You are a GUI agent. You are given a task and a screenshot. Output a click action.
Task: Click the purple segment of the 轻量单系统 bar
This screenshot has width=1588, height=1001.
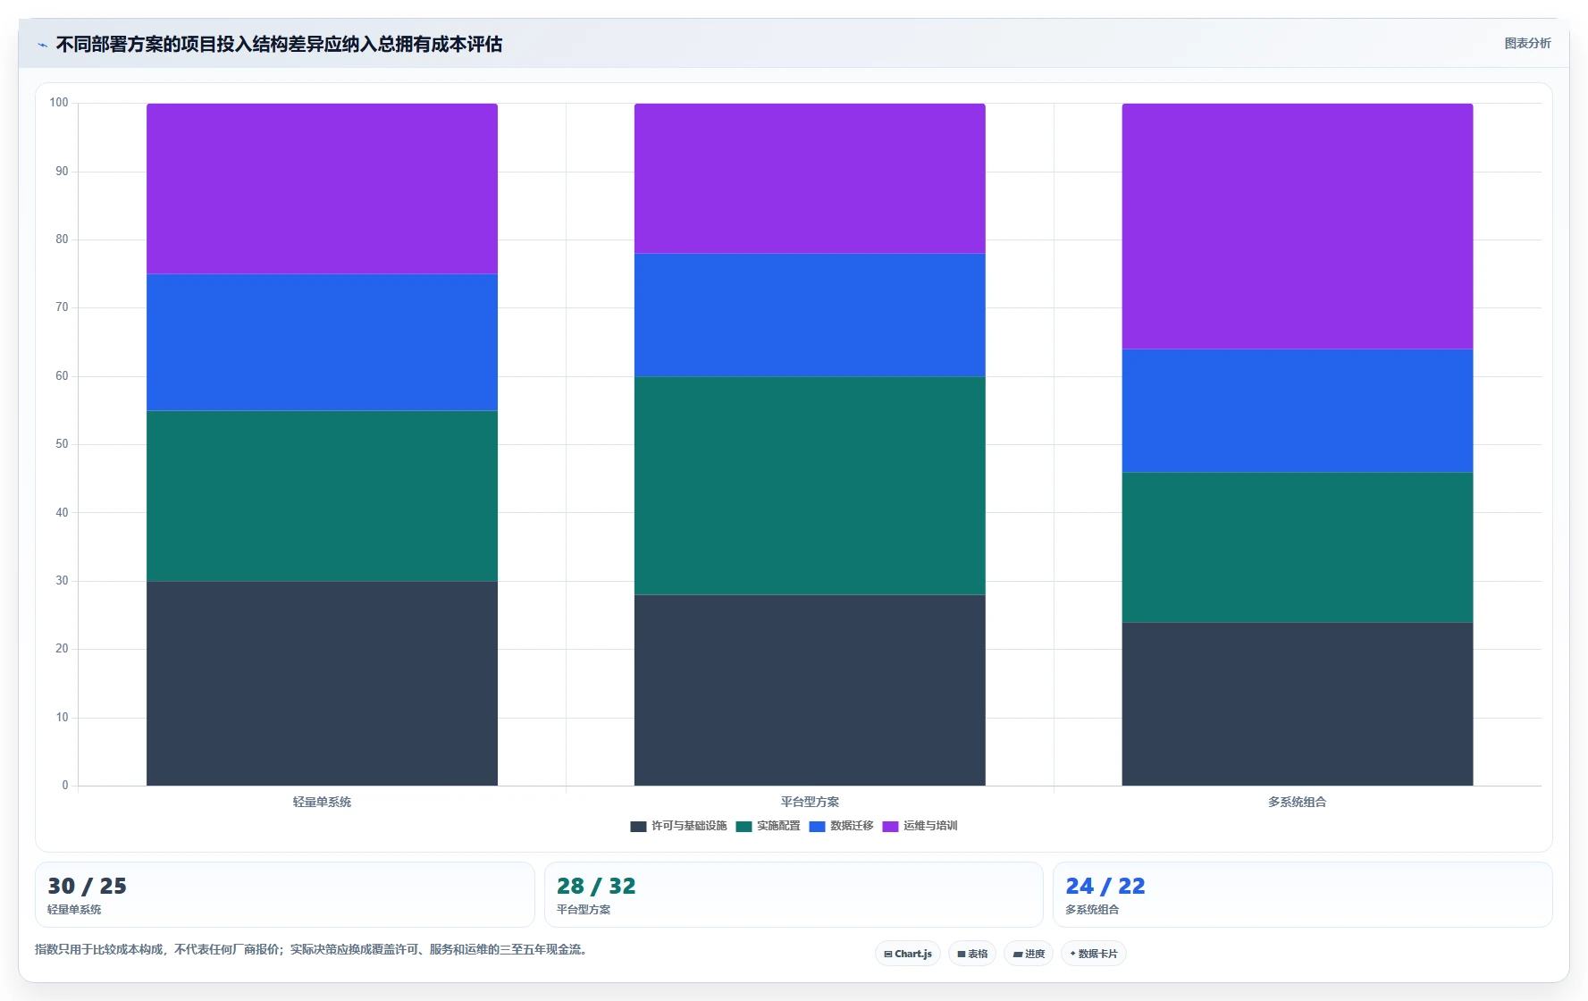pyautogui.click(x=322, y=189)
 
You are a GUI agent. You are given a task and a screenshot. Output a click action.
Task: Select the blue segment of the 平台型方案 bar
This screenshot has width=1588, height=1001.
pyautogui.click(x=810, y=315)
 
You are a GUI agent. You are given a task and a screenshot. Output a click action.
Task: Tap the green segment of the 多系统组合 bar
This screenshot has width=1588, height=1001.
pyautogui.click(x=1298, y=547)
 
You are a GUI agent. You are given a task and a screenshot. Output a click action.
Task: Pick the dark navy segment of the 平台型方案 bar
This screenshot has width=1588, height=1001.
pyautogui.click(x=810, y=690)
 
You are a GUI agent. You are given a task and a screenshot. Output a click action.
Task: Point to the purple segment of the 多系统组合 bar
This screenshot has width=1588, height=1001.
pyautogui.click(x=1298, y=226)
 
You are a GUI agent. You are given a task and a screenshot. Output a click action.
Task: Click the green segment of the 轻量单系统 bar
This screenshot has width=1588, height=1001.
pyautogui.click(x=322, y=496)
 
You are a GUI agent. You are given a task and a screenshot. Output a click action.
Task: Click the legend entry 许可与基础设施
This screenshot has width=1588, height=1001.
pyautogui.click(x=679, y=826)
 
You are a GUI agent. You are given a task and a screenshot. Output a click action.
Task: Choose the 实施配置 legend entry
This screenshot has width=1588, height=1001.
pyautogui.click(x=769, y=826)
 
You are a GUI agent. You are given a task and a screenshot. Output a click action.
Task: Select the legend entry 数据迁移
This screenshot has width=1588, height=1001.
pyautogui.click(x=842, y=826)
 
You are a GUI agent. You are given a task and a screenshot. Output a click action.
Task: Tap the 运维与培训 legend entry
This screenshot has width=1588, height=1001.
pyautogui.click(x=920, y=826)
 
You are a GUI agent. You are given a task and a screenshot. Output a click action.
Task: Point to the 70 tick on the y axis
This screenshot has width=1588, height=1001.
pyautogui.click(x=62, y=307)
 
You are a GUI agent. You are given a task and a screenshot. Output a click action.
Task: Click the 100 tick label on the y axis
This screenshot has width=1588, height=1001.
pyautogui.click(x=59, y=103)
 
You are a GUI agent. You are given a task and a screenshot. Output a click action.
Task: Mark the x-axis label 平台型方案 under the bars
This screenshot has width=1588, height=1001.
pyautogui.click(x=810, y=802)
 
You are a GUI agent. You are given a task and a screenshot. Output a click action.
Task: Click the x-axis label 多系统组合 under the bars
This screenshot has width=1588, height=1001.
pyautogui.click(x=1298, y=802)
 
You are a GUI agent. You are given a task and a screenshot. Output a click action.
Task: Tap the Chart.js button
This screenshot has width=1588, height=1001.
pyautogui.click(x=908, y=954)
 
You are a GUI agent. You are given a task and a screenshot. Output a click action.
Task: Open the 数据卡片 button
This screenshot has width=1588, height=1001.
pyautogui.click(x=1094, y=954)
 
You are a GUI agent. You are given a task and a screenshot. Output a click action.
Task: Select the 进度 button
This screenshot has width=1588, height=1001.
pyautogui.click(x=1029, y=954)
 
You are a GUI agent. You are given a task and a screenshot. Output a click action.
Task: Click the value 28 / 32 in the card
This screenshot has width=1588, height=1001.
pyautogui.click(x=596, y=886)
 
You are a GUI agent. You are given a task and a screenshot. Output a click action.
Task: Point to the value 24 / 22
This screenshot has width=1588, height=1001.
pyautogui.click(x=1105, y=886)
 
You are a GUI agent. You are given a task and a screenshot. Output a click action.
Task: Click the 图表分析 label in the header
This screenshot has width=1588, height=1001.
pyautogui.click(x=1527, y=43)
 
